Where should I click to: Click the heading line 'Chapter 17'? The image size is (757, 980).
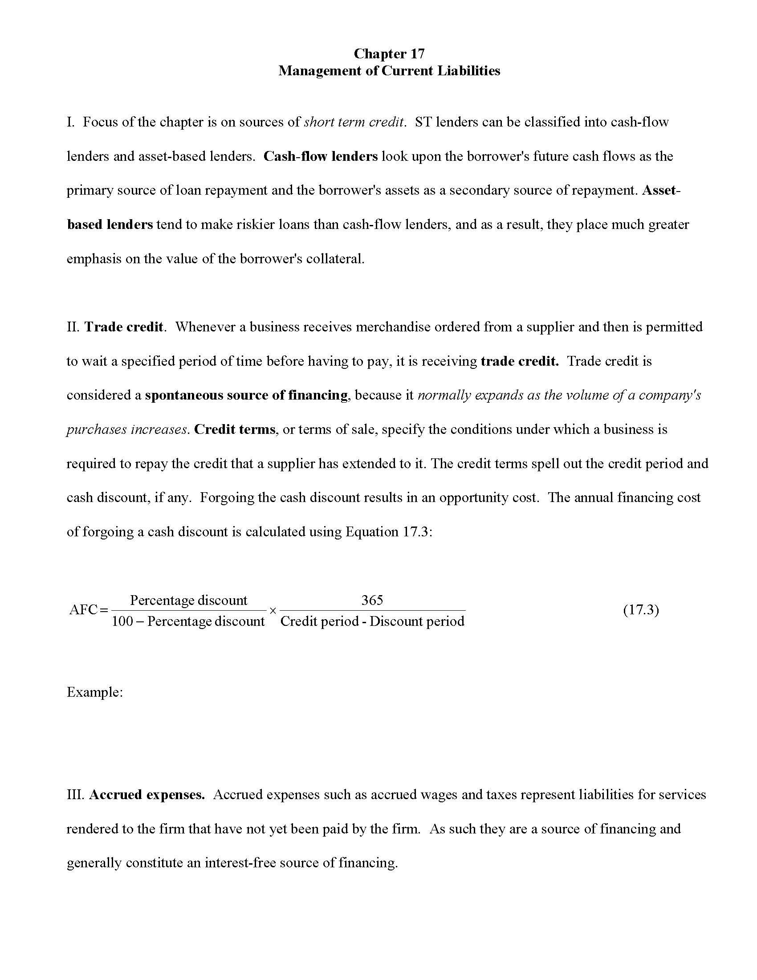pyautogui.click(x=388, y=54)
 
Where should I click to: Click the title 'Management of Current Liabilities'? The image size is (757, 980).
pyautogui.click(x=388, y=71)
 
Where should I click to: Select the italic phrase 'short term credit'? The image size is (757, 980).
pyautogui.click(x=354, y=122)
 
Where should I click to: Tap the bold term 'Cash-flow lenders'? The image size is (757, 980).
pyautogui.click(x=320, y=156)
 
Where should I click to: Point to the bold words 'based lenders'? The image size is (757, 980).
pyautogui.click(x=110, y=225)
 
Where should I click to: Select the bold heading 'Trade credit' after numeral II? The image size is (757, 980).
pyautogui.click(x=124, y=327)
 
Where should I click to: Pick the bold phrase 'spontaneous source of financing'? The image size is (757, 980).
pyautogui.click(x=246, y=395)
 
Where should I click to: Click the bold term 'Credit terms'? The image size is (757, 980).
pyautogui.click(x=235, y=429)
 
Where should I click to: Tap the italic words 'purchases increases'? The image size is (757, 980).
pyautogui.click(x=126, y=429)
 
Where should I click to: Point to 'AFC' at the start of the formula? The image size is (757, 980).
pyautogui.click(x=83, y=610)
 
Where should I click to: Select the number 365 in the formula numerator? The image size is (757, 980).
pyautogui.click(x=372, y=600)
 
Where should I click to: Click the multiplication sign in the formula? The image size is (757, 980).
pyautogui.click(x=272, y=610)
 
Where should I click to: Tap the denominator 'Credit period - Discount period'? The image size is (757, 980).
pyautogui.click(x=372, y=621)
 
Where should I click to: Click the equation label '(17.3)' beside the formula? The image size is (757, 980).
pyautogui.click(x=641, y=610)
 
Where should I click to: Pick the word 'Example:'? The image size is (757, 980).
pyautogui.click(x=94, y=692)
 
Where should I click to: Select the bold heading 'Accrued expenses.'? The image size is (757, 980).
pyautogui.click(x=147, y=795)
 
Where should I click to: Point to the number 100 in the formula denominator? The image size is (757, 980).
pyautogui.click(x=122, y=621)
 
